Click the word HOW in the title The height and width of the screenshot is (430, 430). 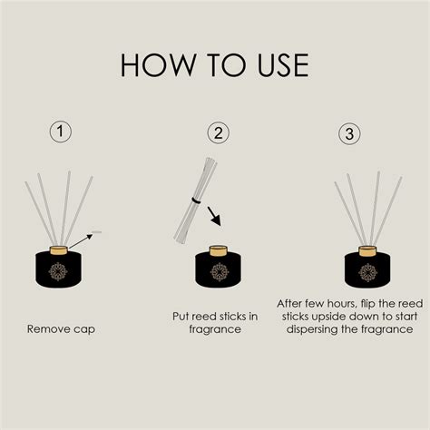pyautogui.click(x=158, y=64)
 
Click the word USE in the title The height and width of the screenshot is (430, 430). pyautogui.click(x=283, y=65)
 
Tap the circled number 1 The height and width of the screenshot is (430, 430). pyautogui.click(x=61, y=132)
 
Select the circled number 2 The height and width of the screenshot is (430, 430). pyautogui.click(x=219, y=133)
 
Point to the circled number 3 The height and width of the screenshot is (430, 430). pyautogui.click(x=349, y=133)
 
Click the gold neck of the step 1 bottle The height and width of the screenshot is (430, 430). pyautogui.click(x=59, y=250)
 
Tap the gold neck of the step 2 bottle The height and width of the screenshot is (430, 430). pyautogui.click(x=219, y=251)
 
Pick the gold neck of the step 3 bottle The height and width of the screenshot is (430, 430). pyautogui.click(x=367, y=251)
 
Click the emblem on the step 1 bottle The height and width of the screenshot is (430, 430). pyautogui.click(x=58, y=271)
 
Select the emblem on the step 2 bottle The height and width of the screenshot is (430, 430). pyautogui.click(x=220, y=272)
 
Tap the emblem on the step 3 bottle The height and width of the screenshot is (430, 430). pyautogui.click(x=368, y=272)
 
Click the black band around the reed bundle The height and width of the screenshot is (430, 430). pyautogui.click(x=196, y=200)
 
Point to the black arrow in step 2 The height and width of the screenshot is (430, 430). pyautogui.click(x=214, y=217)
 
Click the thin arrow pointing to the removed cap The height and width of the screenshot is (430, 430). pyautogui.click(x=81, y=241)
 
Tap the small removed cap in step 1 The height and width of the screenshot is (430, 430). pyautogui.click(x=97, y=232)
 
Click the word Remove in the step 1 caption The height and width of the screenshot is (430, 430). pyautogui.click(x=46, y=328)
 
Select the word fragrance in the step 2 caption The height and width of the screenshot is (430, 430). pyautogui.click(x=215, y=329)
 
